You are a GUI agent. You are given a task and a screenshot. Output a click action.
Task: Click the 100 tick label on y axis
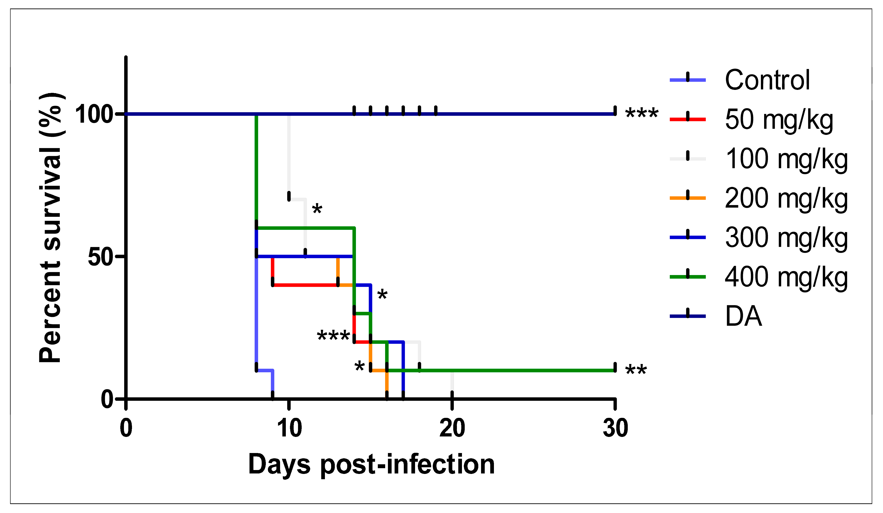coord(94,114)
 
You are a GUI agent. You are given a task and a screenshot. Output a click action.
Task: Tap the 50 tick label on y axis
coord(100,257)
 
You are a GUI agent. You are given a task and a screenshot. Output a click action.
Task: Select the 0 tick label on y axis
coord(107,399)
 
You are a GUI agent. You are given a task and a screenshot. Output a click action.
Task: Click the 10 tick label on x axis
coord(289,428)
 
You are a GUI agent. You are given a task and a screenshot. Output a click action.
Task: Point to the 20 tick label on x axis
coord(452,428)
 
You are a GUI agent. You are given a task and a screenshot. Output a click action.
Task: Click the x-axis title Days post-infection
coord(371,464)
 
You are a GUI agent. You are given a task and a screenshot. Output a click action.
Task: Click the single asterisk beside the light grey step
coord(317,209)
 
